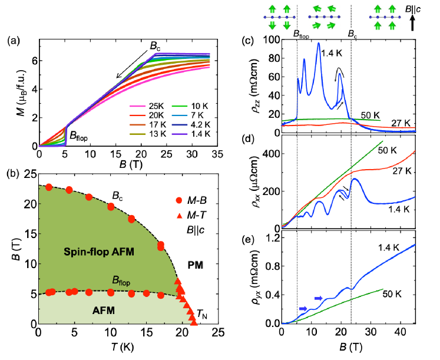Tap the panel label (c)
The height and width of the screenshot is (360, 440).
pyautogui.click(x=248, y=41)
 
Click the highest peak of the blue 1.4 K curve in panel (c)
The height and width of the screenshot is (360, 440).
pyautogui.click(x=319, y=42)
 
